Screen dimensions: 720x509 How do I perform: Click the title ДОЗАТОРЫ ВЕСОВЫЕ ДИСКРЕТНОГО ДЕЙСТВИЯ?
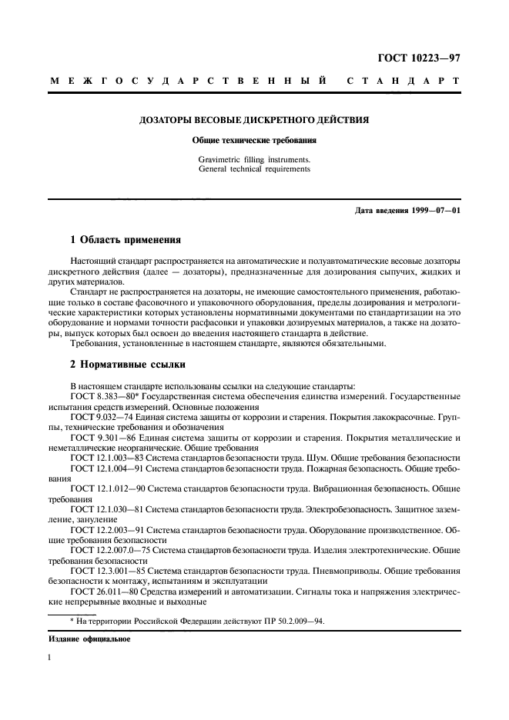(254, 120)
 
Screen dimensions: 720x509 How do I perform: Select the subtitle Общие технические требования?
(254, 141)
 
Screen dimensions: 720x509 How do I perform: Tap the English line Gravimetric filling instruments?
(254, 160)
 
